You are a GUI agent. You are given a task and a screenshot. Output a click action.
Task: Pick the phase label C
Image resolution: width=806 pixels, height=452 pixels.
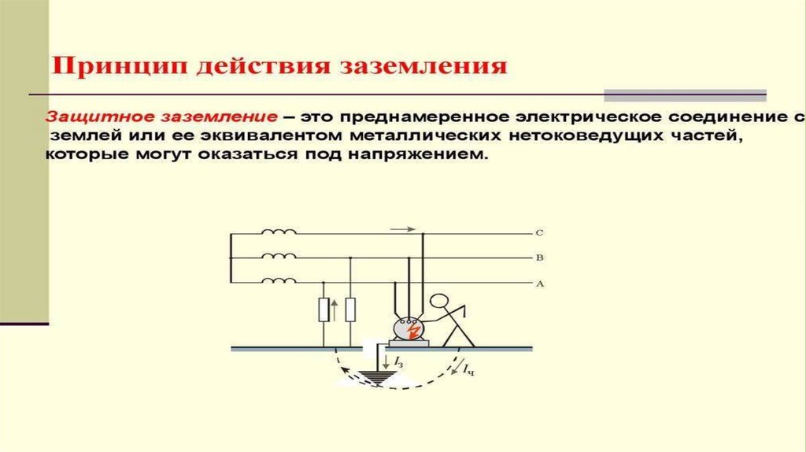pos(539,233)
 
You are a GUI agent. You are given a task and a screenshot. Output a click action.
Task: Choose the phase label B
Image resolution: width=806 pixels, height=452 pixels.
pos(539,257)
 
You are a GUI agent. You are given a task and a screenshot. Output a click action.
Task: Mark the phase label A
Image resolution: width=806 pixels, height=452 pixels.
pos(539,283)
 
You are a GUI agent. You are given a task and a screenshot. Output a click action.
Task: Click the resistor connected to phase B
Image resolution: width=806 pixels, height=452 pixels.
pos(350,309)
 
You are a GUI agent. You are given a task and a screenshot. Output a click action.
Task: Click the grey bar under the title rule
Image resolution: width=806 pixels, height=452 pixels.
pos(685,95)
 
